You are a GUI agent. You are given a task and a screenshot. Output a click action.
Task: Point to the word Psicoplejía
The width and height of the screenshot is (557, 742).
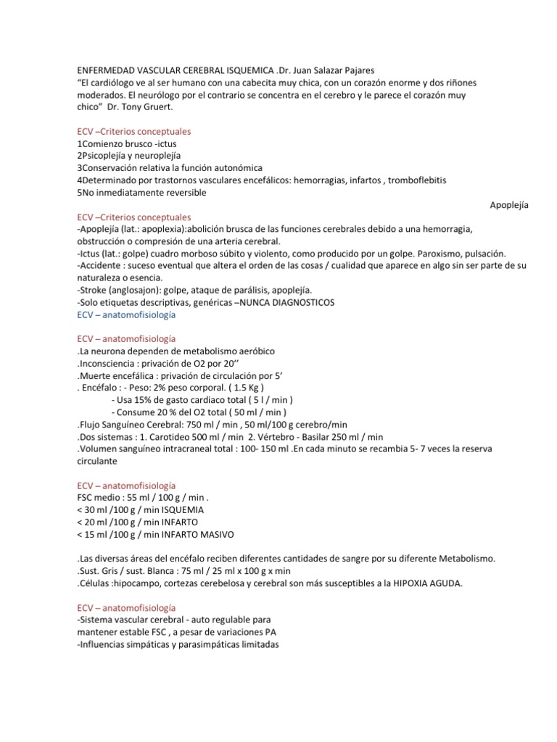pos(107,156)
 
